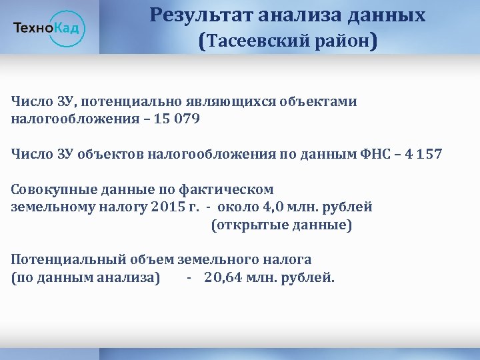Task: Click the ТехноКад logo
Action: [x=49, y=27]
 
